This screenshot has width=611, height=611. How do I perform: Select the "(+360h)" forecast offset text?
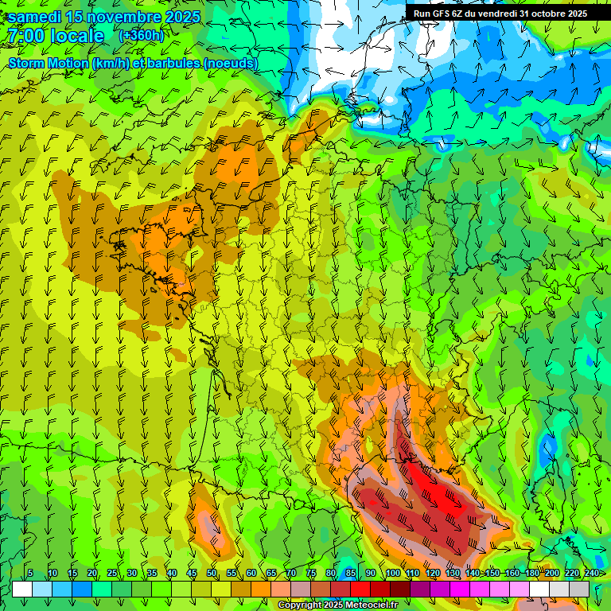pos(141,36)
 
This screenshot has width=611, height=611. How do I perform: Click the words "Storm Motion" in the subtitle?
pos(49,63)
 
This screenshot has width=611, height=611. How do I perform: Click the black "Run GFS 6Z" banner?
pos(500,13)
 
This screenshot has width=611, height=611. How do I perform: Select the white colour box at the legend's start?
pos(21,589)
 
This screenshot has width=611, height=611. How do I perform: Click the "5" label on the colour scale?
pos(30,574)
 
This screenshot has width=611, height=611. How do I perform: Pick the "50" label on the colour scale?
pos(212,574)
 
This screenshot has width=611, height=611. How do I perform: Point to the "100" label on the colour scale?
pos(392,574)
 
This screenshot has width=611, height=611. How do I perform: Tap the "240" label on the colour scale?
pos(592,574)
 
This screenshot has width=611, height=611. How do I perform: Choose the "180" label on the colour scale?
pos(532,574)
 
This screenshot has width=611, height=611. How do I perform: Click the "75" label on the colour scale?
pos(311,574)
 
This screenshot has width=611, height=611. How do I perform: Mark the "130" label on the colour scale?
pos(453,574)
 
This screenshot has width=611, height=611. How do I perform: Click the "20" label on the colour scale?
pos(92,574)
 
